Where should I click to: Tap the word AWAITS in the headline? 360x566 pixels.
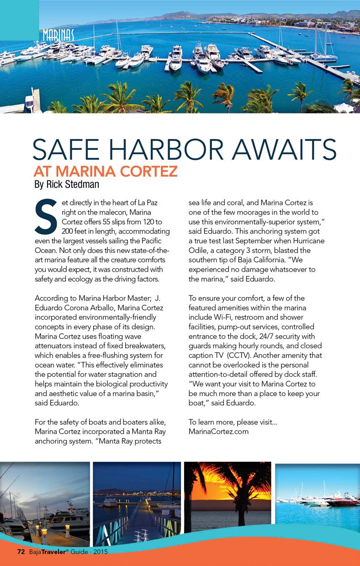pos(284,149)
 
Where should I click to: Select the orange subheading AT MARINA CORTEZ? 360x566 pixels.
pos(105,172)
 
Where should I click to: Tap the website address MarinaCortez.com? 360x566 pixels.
pos(218,431)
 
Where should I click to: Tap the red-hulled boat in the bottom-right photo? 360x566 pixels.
pos(343,502)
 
